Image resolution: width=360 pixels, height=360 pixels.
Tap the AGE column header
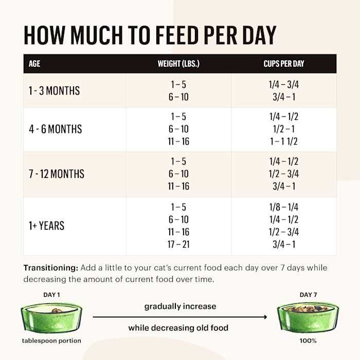click(34, 64)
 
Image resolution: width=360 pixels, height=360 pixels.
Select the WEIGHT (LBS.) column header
click(178, 64)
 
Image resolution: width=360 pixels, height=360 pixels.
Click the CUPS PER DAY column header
click(283, 64)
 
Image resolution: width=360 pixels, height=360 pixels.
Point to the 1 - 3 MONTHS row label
click(54, 91)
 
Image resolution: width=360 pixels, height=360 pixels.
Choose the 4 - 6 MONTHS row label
click(55, 129)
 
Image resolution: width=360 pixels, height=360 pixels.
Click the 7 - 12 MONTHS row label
click(57, 174)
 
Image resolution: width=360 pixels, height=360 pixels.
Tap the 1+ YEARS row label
click(47, 225)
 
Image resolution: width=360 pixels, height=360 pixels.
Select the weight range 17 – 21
click(178, 244)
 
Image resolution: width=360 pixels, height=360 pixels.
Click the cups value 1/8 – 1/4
click(284, 207)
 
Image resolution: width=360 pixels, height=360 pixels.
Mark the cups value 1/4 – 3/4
click(284, 85)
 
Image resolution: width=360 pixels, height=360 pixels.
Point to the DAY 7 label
click(309, 295)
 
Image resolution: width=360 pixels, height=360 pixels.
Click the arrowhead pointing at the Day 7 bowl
click(264, 317)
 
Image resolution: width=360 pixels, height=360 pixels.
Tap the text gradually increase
click(179, 307)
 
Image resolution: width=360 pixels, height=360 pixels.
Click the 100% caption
click(309, 341)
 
